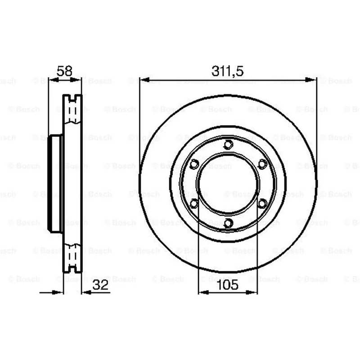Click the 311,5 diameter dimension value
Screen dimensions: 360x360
pyautogui.click(x=227, y=71)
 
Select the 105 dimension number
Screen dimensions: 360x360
pyautogui.click(x=228, y=285)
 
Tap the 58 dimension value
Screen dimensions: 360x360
pyautogui.click(x=64, y=71)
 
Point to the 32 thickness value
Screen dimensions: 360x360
pyautogui.click(x=100, y=285)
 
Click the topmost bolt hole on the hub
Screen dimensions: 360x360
pyautogui.click(x=228, y=144)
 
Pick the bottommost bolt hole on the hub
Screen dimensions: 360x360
pyautogui.click(x=228, y=223)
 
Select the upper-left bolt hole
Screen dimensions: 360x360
pyautogui.click(x=194, y=164)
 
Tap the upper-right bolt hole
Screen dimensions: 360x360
pyautogui.click(x=262, y=164)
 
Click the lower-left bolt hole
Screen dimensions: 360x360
pyautogui.click(x=194, y=203)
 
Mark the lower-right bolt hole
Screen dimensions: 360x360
pyautogui.click(x=262, y=203)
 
